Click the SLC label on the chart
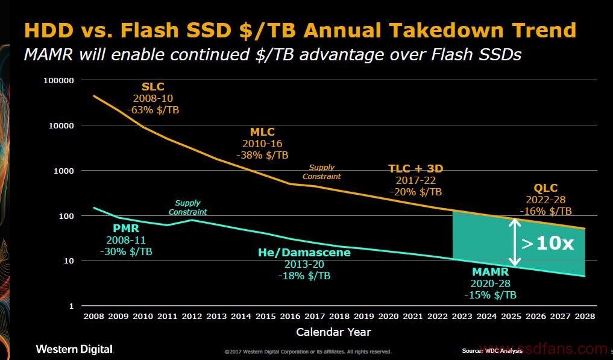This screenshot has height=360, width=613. pyautogui.click(x=152, y=87)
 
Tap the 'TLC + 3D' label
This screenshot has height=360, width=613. pyautogui.click(x=416, y=168)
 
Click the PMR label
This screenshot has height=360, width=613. pyautogui.click(x=127, y=229)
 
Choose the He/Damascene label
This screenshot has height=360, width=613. pyautogui.click(x=304, y=253)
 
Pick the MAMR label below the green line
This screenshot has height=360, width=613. pyautogui.click(x=490, y=272)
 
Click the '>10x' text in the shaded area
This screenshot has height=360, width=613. pyautogui.click(x=548, y=244)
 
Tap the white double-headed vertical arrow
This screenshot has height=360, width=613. pyautogui.click(x=515, y=242)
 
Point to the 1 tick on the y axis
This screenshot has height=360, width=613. pyautogui.click(x=71, y=306)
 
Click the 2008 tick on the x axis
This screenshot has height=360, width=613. pyautogui.click(x=93, y=316)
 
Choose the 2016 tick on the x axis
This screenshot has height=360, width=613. pyautogui.click(x=290, y=316)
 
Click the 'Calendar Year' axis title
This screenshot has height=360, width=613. pyautogui.click(x=333, y=332)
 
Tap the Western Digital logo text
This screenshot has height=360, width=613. pyautogui.click(x=74, y=349)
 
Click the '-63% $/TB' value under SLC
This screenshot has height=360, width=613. pyautogui.click(x=152, y=110)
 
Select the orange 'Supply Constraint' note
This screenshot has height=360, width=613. pyautogui.click(x=321, y=172)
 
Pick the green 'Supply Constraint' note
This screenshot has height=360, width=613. pyautogui.click(x=187, y=207)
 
